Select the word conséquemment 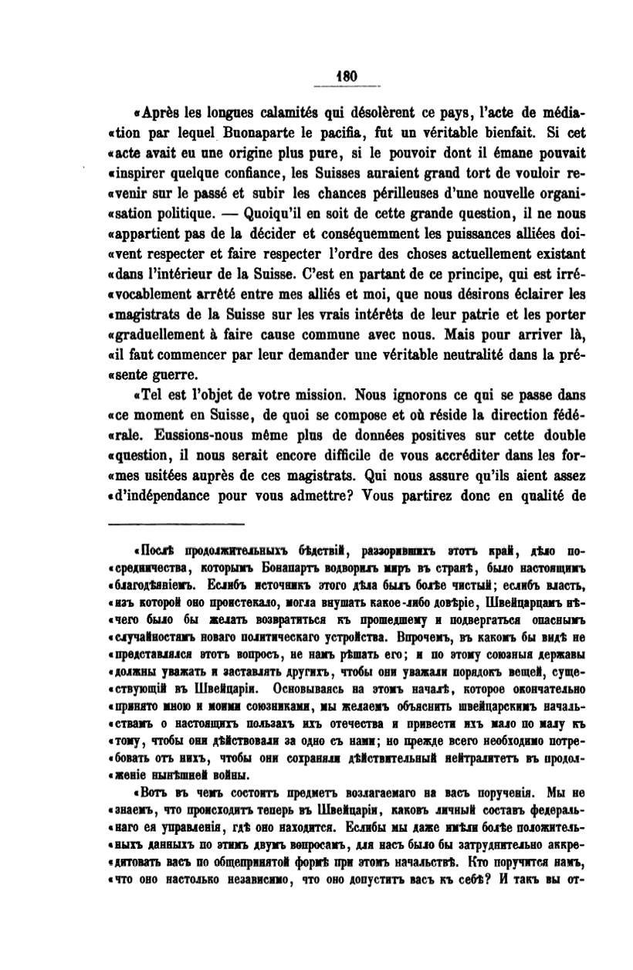coord(342,232)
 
